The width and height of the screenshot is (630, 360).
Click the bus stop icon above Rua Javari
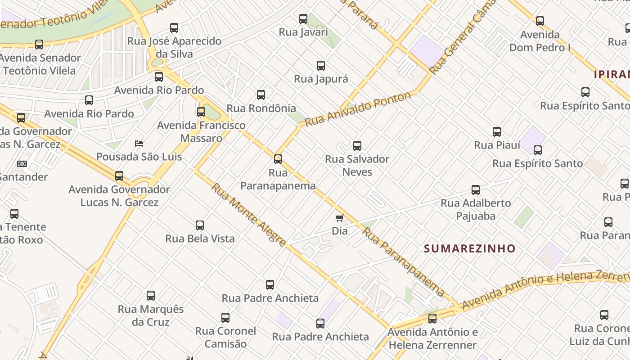tap(303, 19)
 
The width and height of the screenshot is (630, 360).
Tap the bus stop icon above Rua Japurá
tap(321, 66)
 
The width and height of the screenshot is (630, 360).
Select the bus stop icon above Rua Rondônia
tap(261, 95)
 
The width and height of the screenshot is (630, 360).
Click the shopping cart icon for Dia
tap(340, 218)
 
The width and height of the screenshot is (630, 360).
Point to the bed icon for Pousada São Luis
tap(139, 144)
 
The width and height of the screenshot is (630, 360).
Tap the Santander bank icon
tap(22, 164)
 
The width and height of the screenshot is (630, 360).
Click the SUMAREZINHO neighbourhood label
tap(469, 248)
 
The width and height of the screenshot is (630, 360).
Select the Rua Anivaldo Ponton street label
tap(358, 108)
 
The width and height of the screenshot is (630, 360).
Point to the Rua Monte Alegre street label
tap(249, 215)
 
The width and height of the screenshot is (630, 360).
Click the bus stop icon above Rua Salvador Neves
tap(357, 146)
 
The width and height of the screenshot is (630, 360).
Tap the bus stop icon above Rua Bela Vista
tap(200, 225)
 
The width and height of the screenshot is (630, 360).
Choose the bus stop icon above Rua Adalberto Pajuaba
tap(476, 190)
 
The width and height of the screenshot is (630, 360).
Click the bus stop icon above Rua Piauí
tap(497, 132)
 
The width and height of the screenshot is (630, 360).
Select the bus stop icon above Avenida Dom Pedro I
tap(540, 21)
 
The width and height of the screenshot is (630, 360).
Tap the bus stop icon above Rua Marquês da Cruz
tap(151, 296)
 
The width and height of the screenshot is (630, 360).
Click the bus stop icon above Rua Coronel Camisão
tap(225, 318)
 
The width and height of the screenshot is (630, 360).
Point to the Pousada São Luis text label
tap(139, 157)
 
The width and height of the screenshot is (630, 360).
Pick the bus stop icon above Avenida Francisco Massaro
tap(201, 112)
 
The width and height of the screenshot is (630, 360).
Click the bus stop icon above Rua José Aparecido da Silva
tap(174, 28)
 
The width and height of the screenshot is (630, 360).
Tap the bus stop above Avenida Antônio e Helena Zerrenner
tap(432, 319)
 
